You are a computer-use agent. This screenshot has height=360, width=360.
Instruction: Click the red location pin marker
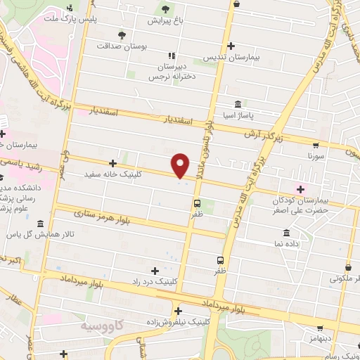(181, 165)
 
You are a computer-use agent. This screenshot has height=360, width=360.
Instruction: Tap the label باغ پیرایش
(165, 21)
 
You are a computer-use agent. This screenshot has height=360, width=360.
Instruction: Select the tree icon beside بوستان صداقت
(123, 34)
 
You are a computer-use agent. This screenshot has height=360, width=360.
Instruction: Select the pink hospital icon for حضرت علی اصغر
(302, 188)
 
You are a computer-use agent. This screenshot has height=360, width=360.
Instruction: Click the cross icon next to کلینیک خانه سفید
(112, 163)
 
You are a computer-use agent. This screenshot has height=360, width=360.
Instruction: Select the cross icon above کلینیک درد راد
(155, 270)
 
